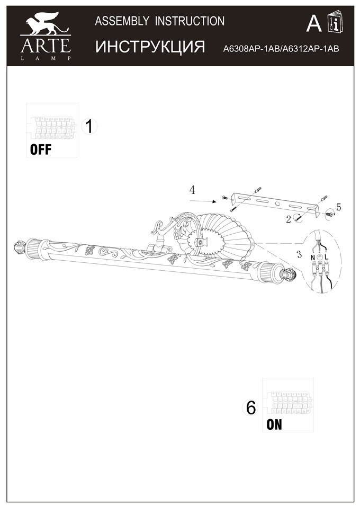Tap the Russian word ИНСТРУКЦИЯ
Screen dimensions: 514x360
click(x=150, y=47)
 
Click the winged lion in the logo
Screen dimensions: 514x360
click(x=45, y=23)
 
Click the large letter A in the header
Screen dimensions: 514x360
click(x=314, y=24)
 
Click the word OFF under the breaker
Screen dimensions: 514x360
click(x=41, y=149)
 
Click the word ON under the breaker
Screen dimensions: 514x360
click(x=274, y=424)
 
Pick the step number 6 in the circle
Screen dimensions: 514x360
click(x=250, y=407)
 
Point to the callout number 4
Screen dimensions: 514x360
click(x=193, y=189)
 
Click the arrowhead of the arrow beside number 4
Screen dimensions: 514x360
click(x=217, y=202)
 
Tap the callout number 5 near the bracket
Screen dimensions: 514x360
click(x=339, y=207)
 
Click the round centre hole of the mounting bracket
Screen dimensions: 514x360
click(x=278, y=204)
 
